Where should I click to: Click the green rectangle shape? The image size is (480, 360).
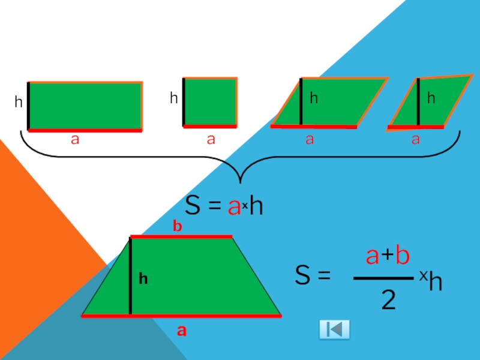tap(85, 105)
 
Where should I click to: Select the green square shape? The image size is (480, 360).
tap(210, 102)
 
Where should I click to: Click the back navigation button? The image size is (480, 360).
tap(334, 329)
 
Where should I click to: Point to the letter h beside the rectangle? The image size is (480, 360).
tap(19, 103)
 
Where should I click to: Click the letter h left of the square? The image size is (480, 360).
tap(173, 98)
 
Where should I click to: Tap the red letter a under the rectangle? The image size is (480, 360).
tap(75, 140)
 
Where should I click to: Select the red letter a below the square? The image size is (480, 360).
tap(211, 140)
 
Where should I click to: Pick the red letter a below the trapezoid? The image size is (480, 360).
tap(181, 331)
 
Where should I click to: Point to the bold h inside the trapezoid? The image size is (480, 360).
tap(143, 278)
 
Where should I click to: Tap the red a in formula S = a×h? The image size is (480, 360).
tap(234, 207)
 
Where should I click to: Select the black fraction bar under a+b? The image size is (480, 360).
tap(382, 278)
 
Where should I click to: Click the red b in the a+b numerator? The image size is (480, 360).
tap(402, 256)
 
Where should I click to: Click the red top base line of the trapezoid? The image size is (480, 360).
tap(181, 236)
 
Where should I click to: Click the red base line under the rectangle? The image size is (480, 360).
tap(85, 130)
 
